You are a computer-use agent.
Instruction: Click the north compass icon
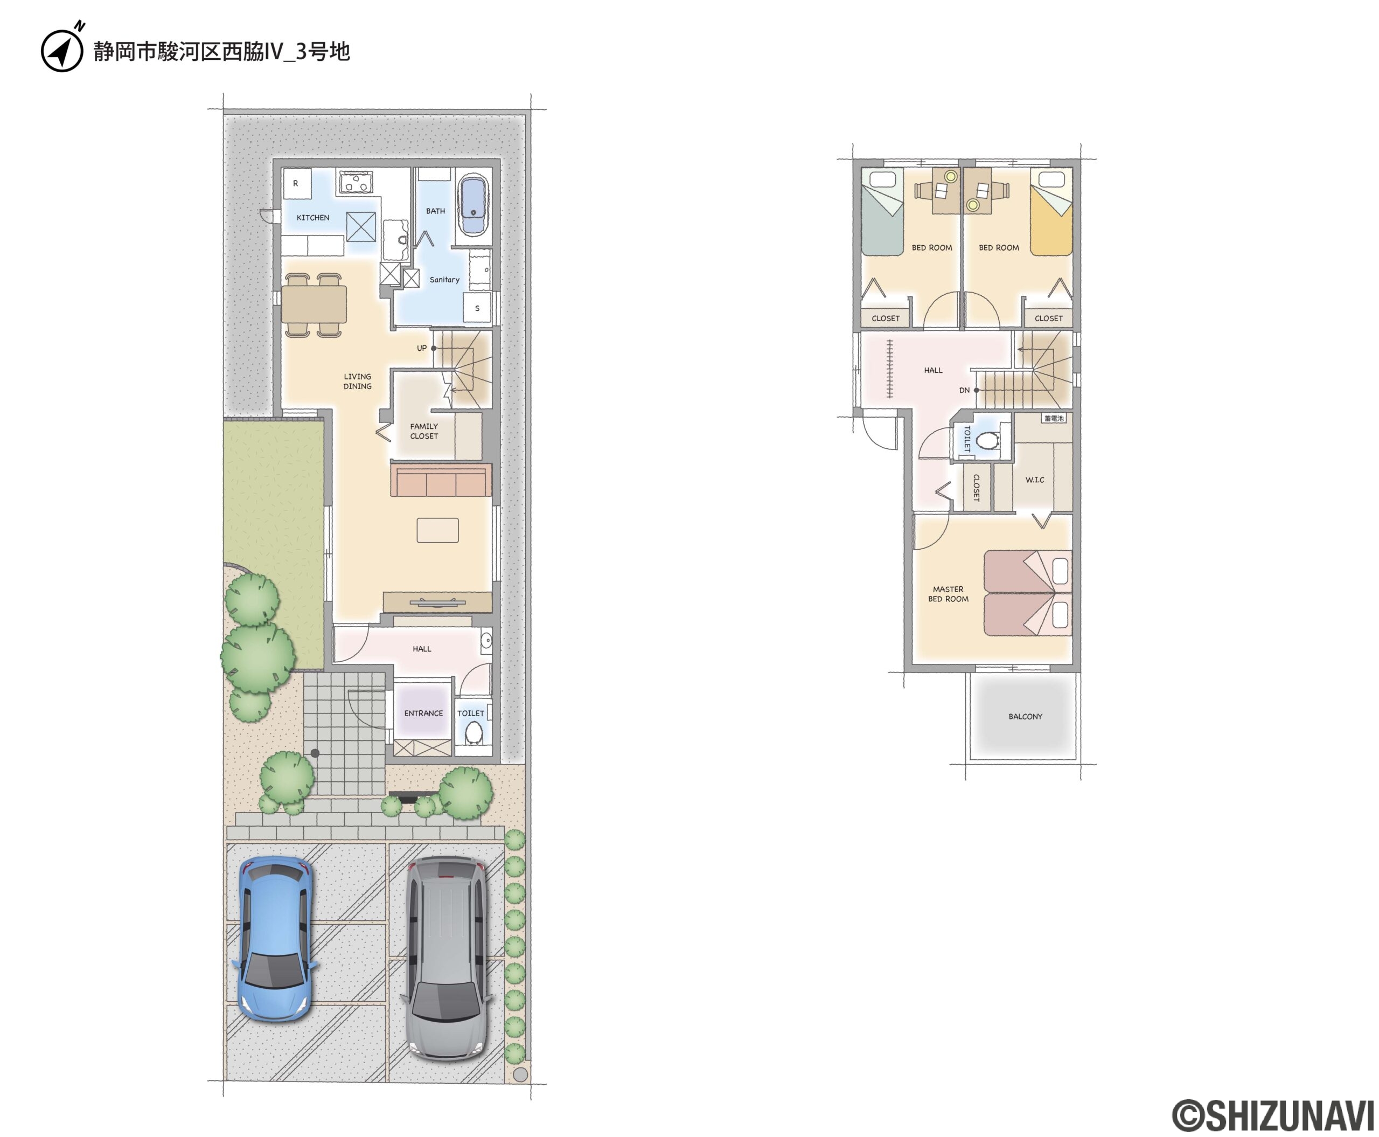pyautogui.click(x=62, y=47)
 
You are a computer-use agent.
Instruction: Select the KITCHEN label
pyautogui.click(x=313, y=218)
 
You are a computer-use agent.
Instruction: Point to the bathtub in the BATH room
pyautogui.click(x=473, y=204)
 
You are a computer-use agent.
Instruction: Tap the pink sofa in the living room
pyautogui.click(x=441, y=481)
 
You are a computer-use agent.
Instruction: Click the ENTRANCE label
pyautogui.click(x=423, y=713)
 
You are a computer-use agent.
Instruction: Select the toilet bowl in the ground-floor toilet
pyautogui.click(x=473, y=733)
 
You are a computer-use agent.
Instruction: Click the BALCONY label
pyautogui.click(x=1025, y=717)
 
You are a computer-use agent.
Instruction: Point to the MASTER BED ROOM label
pyautogui.click(x=948, y=594)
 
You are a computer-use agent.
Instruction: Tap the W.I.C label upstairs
pyautogui.click(x=1035, y=480)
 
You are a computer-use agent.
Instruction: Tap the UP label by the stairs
pyautogui.click(x=422, y=348)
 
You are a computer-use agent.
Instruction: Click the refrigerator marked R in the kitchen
pyautogui.click(x=296, y=183)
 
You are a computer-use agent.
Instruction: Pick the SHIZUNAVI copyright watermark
pyautogui.click(x=1272, y=1115)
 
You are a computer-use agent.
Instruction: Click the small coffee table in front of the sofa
pyautogui.click(x=437, y=530)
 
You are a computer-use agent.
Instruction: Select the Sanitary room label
pyautogui.click(x=444, y=280)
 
